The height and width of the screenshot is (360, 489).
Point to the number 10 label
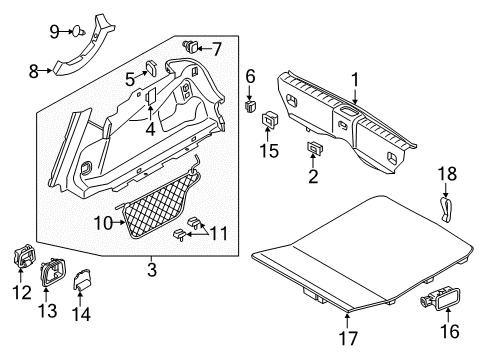102,223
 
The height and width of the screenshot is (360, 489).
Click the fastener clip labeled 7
191,46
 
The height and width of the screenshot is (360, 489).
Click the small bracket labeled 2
314,150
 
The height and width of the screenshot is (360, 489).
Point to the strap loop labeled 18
445,209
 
